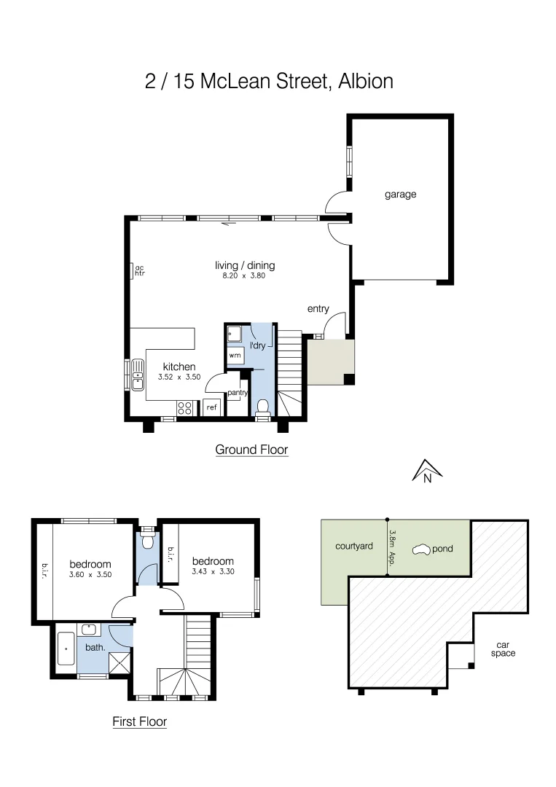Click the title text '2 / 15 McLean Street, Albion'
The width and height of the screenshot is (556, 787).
pos(270,80)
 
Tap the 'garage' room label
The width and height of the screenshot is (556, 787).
pos(400,195)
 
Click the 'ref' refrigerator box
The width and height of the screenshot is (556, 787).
pos(211,407)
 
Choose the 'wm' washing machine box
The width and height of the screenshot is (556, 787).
pos(235,355)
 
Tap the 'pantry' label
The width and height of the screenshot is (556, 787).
pos(238,393)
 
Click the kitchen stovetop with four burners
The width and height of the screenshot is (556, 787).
pos(185,408)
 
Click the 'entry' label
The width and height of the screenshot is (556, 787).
pos(318,309)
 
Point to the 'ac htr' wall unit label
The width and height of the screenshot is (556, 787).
pos(139,270)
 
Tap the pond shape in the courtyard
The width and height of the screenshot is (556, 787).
pos(422,549)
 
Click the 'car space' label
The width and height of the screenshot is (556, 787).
pos(503,649)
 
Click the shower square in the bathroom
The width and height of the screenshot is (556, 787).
pos(119,662)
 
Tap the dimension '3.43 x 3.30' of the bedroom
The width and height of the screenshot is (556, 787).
pos(213,573)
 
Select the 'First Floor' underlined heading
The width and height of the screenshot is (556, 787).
pos(139,722)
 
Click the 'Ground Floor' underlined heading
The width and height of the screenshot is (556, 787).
pos(251,450)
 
